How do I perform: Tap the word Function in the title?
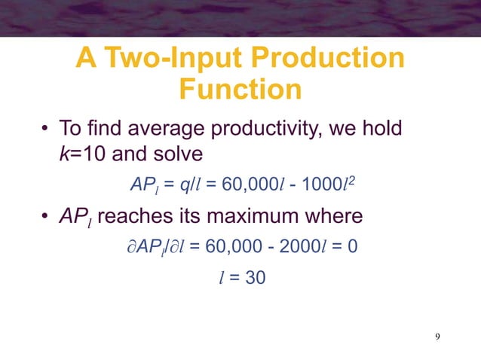[240, 90]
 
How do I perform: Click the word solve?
[178, 154]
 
